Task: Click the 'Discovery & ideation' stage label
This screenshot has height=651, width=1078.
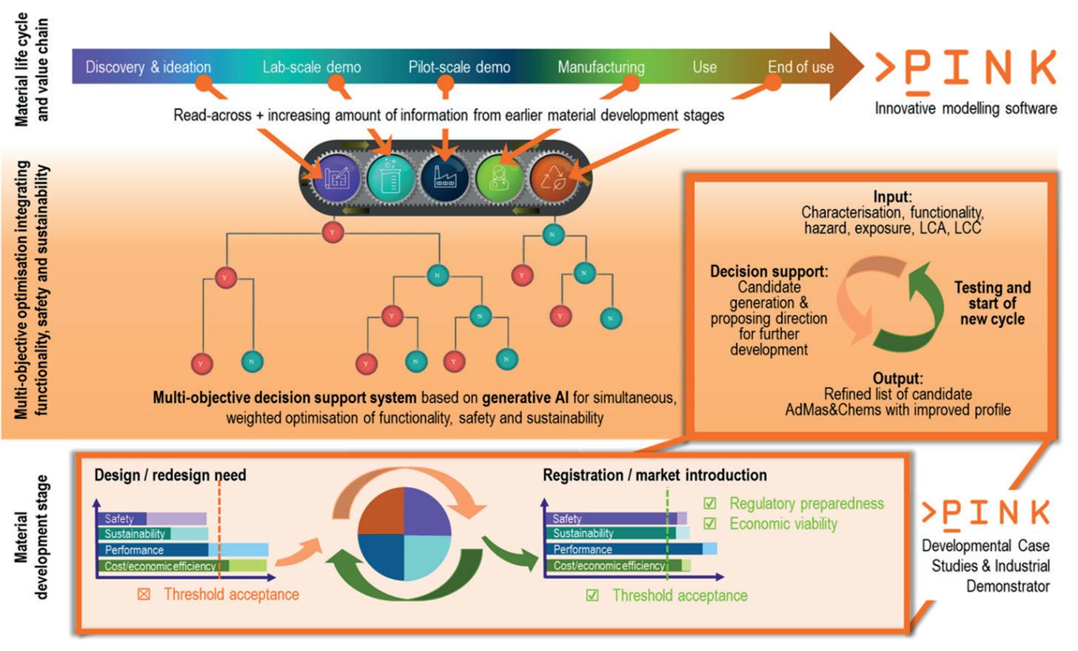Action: click(148, 67)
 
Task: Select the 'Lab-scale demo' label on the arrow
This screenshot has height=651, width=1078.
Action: click(312, 67)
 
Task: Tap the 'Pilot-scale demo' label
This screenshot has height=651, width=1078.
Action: click(459, 67)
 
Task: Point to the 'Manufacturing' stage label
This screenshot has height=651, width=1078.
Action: click(600, 67)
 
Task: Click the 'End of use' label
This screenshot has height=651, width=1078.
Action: click(800, 67)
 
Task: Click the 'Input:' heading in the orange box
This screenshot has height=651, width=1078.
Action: click(892, 197)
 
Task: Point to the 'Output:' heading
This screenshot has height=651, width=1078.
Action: click(897, 378)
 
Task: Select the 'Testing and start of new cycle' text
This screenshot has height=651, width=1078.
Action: click(992, 303)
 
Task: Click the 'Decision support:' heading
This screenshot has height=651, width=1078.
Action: click(769, 271)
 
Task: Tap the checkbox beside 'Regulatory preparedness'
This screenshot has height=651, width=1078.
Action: click(710, 504)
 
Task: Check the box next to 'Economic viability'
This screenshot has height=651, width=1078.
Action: click(710, 524)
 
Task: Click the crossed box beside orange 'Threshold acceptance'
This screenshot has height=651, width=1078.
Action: click(144, 594)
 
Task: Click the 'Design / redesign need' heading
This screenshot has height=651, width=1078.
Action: click(170, 475)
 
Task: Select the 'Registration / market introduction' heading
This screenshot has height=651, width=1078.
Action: click(654, 475)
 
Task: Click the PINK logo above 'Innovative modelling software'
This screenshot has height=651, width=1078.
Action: click(965, 69)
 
